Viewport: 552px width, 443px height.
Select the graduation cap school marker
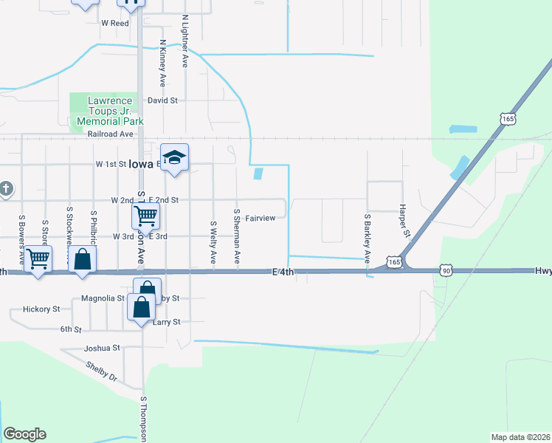click(x=175, y=158)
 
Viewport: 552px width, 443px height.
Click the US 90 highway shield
click(x=446, y=271)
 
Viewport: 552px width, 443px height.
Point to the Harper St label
click(x=404, y=221)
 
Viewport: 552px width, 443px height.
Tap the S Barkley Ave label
click(x=367, y=238)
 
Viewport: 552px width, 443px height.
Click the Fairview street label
click(x=261, y=218)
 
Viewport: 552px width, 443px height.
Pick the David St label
click(x=162, y=100)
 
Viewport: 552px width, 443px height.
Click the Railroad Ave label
click(x=110, y=134)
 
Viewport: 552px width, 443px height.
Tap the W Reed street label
click(x=115, y=23)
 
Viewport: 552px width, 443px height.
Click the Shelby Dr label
click(x=101, y=371)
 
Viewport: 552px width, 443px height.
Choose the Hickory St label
click(x=41, y=310)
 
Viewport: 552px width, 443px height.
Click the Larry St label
click(x=167, y=322)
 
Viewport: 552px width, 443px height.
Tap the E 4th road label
click(x=283, y=272)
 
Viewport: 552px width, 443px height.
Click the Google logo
click(x=24, y=434)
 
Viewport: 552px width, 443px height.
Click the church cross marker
click(x=6, y=188)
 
